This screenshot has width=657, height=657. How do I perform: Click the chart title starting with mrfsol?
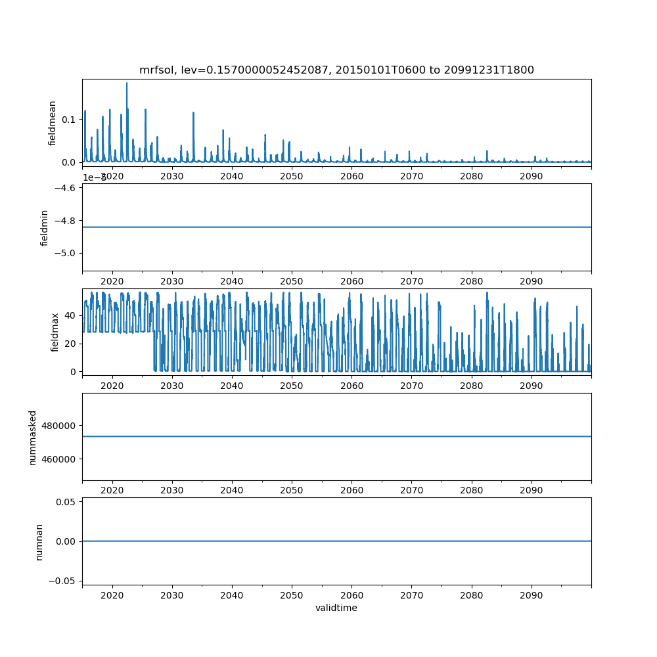336,70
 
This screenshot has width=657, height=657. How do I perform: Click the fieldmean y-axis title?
53,123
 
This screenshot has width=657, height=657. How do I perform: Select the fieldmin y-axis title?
45,227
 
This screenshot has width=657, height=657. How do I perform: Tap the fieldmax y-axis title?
55,332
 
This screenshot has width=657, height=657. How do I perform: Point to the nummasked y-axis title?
33,437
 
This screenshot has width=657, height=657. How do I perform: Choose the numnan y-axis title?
39,541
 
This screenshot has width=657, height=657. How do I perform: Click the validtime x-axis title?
336,608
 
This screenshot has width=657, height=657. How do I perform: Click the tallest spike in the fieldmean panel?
127,83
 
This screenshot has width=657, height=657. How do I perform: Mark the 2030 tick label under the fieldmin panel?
172,281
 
